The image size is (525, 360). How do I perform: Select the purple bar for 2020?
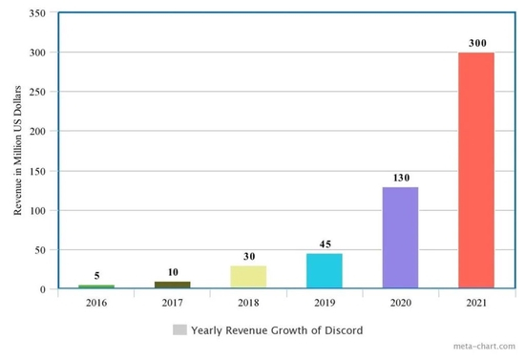coord(400,237)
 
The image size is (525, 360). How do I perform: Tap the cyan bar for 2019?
coord(324,270)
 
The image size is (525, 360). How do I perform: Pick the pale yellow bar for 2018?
coord(248,277)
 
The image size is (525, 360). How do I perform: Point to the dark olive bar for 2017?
coord(172,285)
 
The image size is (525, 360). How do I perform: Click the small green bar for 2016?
coord(96,286)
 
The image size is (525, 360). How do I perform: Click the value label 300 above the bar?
coord(475,44)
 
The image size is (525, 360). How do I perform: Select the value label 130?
coord(400,179)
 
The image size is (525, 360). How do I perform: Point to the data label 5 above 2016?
coord(96,276)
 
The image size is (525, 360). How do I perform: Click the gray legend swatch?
coord(179,330)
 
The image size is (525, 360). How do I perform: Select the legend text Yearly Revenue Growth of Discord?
coord(277,330)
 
